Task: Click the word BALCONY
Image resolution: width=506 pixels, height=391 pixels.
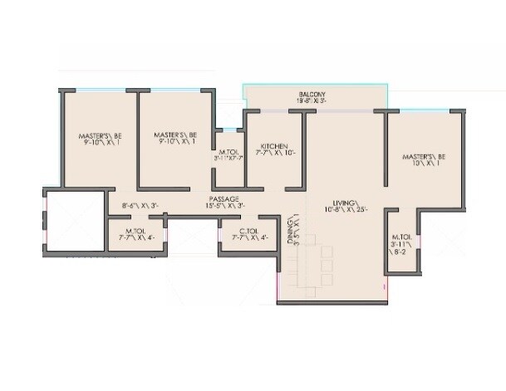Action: [312, 95]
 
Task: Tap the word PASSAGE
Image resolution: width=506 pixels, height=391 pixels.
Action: [224, 198]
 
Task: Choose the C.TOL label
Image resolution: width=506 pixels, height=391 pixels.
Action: [248, 231]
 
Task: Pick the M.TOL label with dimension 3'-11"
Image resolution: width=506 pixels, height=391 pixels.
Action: [400, 237]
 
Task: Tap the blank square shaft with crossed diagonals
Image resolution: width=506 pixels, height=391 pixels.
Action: [74, 222]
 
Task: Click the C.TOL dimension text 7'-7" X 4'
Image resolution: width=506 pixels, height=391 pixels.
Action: [248, 237]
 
